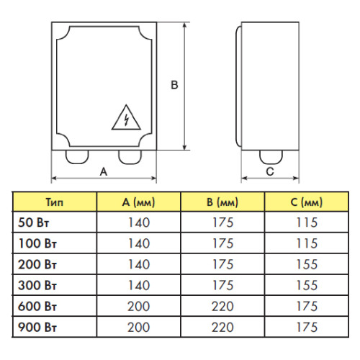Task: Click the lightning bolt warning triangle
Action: [x=126, y=118]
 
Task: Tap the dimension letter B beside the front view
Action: [x=174, y=85]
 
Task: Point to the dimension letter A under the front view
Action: [x=104, y=171]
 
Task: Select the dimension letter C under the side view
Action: [x=270, y=171]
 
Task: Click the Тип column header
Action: [x=55, y=202]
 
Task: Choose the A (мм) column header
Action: [x=138, y=202]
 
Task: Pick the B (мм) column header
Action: [x=222, y=202]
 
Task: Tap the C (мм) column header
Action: [x=307, y=202]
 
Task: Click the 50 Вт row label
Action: [x=33, y=222]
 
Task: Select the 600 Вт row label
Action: [x=37, y=307]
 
